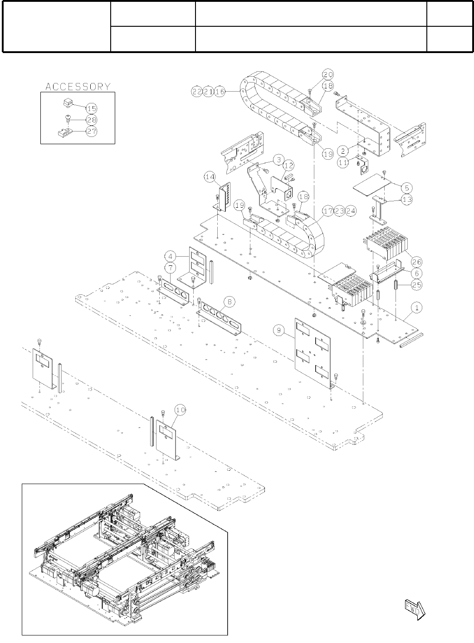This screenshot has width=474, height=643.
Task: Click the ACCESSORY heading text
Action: click(x=78, y=86)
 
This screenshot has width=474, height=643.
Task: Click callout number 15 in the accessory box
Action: click(x=91, y=108)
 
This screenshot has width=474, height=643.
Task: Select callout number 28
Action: click(x=91, y=120)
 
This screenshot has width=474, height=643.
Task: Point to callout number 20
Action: click(x=328, y=74)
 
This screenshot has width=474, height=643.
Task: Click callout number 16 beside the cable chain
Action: click(x=220, y=91)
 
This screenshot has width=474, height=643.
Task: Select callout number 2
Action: click(x=344, y=149)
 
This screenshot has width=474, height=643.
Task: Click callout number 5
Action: click(x=406, y=187)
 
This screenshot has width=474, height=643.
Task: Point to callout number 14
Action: click(x=209, y=178)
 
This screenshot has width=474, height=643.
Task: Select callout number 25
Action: click(x=417, y=285)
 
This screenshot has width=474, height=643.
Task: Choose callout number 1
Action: click(x=417, y=307)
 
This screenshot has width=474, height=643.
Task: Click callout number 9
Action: click(x=280, y=331)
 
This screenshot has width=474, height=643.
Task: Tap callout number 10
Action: click(x=180, y=410)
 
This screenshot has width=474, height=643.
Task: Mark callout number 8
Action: click(x=230, y=301)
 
